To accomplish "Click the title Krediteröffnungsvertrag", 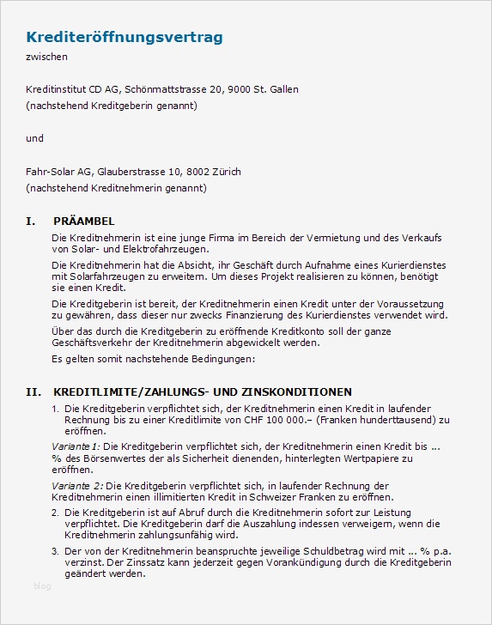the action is (125, 37).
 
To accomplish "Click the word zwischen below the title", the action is (46, 57).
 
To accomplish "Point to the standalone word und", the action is (35, 138).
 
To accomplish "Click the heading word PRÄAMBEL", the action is (83, 221).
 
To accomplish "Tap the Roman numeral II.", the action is (33, 391).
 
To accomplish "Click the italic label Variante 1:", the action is (76, 447).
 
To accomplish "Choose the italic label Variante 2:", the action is (76, 486).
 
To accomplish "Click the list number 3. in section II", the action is (56, 552).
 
